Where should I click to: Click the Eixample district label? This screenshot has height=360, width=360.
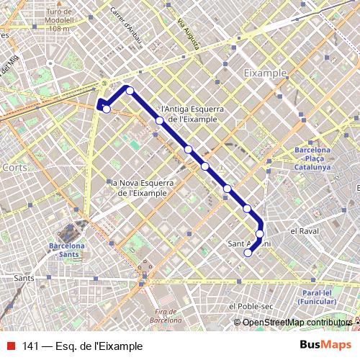click(x=265, y=73)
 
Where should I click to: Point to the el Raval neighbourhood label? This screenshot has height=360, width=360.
click(x=304, y=231)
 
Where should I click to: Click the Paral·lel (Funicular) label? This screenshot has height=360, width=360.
click(x=320, y=298)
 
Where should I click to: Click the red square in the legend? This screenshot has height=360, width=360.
click(x=10, y=346)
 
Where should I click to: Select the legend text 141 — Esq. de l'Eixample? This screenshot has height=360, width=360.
click(x=77, y=346)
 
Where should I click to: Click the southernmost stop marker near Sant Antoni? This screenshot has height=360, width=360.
click(x=248, y=253)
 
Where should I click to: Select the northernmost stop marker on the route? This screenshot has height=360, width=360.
click(x=130, y=90)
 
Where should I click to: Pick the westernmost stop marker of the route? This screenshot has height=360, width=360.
click(x=107, y=109)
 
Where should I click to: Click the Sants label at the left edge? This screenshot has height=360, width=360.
click(x=24, y=276)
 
